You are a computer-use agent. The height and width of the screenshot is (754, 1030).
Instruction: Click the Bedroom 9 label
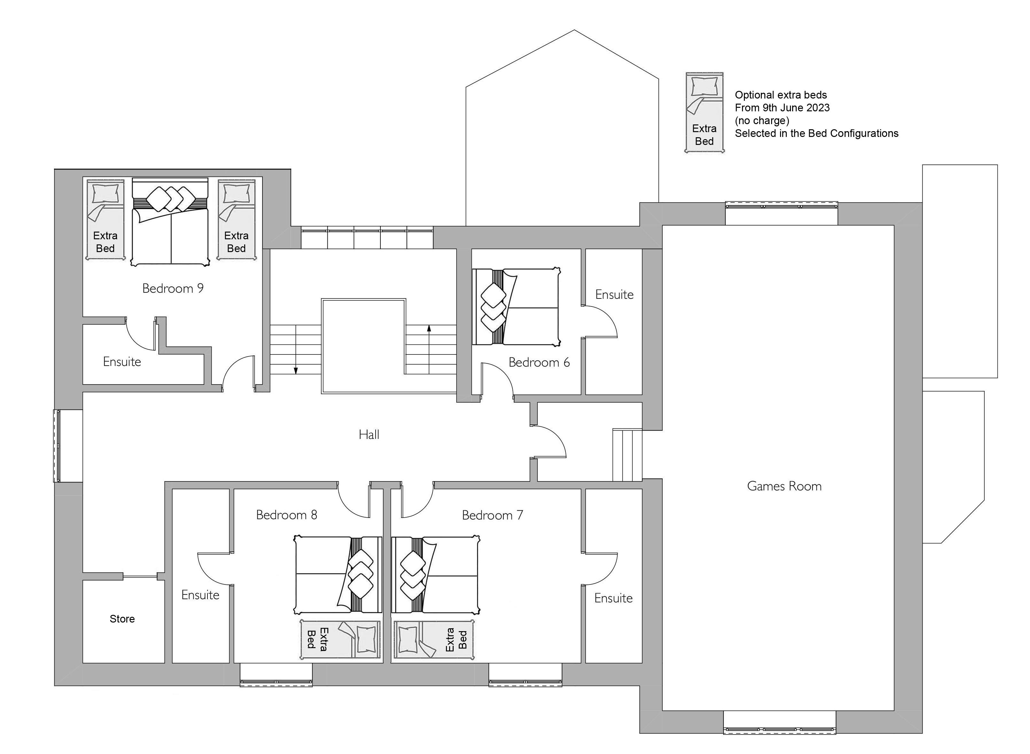[173, 289]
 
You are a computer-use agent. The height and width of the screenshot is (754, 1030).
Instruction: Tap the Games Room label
[784, 486]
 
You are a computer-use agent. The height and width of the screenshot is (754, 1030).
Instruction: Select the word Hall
[369, 434]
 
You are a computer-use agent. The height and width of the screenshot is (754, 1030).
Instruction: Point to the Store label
[122, 619]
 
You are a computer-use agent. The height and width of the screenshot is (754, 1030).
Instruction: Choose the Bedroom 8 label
[286, 515]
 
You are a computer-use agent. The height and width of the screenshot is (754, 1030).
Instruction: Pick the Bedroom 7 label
[493, 515]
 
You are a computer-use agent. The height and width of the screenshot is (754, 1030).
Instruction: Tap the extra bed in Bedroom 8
[340, 639]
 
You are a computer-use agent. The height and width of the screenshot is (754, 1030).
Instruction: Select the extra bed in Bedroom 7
[434, 639]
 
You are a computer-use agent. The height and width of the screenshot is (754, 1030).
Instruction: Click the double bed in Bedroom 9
[170, 222]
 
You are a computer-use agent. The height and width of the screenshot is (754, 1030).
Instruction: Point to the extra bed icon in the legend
[704, 112]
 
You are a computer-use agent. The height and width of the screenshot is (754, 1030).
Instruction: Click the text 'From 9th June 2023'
[782, 108]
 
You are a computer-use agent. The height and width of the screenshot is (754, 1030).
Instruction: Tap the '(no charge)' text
[762, 121]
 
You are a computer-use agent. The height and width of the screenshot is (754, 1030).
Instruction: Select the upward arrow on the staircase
[429, 349]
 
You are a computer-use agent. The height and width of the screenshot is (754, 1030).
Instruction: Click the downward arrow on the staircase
[296, 349]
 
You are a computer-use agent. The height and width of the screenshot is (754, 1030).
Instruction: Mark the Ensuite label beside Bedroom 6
[614, 294]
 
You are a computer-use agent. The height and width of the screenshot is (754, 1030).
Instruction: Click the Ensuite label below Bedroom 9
[122, 362]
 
